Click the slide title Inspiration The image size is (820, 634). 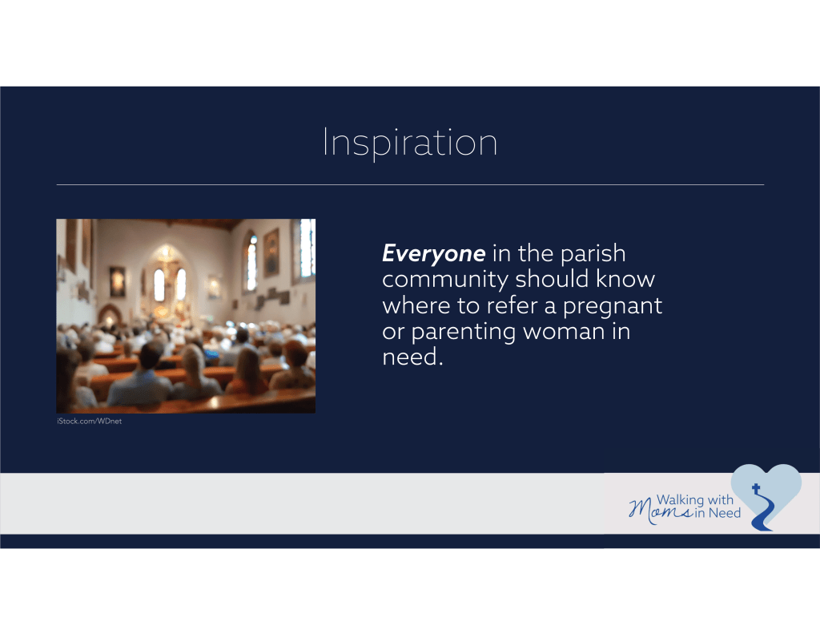coord(409,143)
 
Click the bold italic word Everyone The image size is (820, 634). coord(433,254)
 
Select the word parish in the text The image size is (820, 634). coord(593,254)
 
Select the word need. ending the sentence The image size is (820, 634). coord(412,357)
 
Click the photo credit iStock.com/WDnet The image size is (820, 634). coord(90,421)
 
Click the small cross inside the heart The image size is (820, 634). coord(756,489)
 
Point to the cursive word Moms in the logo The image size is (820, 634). coord(660,510)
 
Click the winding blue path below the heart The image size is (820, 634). coord(763,512)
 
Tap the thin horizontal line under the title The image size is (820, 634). coord(410,185)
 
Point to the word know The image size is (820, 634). coord(625,280)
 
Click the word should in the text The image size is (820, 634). coord(553,280)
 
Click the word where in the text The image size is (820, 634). coord(416,305)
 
